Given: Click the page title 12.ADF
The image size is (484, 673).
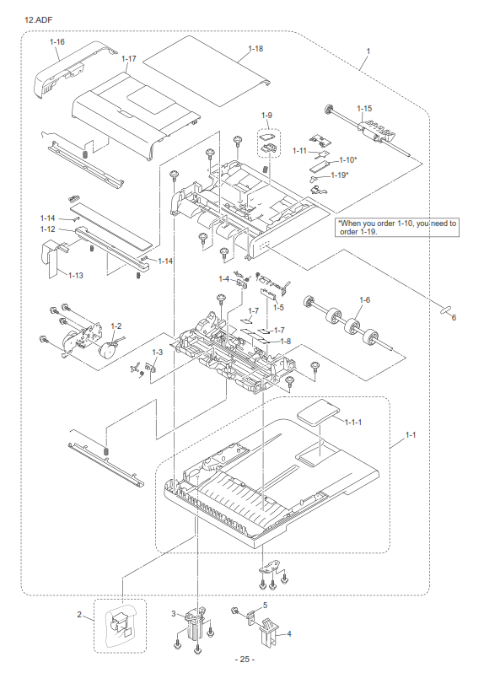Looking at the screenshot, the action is point(39,19).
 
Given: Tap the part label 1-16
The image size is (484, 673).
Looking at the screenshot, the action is point(57,41).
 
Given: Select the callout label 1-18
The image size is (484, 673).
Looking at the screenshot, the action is point(255,49).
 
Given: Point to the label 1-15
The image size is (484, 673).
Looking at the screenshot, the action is point(364,109).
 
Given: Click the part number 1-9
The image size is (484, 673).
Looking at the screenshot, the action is point(266,115).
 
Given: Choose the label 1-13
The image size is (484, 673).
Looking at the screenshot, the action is point(76,275).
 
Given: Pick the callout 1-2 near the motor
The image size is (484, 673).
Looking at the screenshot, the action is point(116,326).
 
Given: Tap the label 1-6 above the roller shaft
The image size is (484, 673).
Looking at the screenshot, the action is point(364,300).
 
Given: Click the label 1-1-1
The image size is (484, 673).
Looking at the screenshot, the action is point(352,423).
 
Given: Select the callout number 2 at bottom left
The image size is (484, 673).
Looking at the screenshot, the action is point(79,615).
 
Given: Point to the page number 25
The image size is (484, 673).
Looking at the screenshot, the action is point(245,660).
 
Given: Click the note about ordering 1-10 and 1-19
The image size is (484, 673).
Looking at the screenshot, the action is point(397,227).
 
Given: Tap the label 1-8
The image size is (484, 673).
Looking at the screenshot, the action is point(285,342).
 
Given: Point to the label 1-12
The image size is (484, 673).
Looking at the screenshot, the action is point(48,229).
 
